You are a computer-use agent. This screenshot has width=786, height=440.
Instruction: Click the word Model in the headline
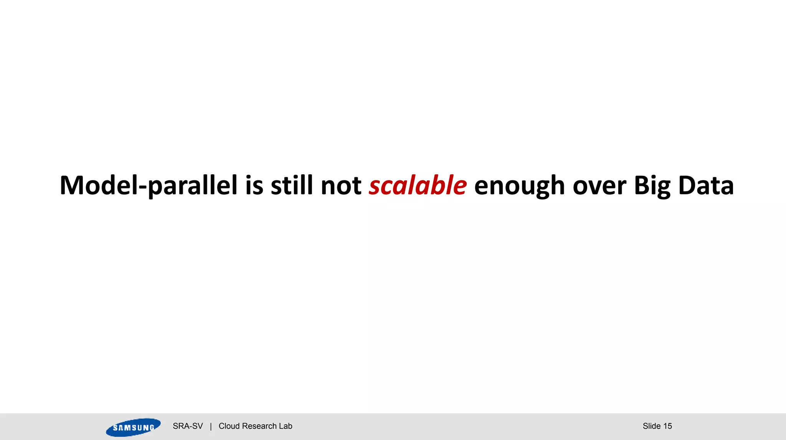98,185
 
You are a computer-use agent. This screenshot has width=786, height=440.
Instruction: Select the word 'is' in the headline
254,185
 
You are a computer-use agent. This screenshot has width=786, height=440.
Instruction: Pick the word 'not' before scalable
341,185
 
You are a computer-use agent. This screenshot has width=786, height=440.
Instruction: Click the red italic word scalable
418,185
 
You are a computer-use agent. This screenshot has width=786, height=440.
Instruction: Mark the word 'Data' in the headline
706,185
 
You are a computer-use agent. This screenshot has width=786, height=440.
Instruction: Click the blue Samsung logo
133,427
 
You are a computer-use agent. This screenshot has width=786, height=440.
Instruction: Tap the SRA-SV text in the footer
188,426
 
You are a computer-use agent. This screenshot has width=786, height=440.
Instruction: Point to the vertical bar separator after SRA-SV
211,426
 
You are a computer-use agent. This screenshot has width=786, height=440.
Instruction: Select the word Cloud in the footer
229,426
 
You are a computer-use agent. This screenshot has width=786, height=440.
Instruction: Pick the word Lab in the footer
286,426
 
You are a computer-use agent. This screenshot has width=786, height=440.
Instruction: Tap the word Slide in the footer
652,426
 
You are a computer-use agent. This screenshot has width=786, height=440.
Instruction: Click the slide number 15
667,426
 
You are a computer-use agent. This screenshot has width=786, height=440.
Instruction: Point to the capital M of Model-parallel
71,185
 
